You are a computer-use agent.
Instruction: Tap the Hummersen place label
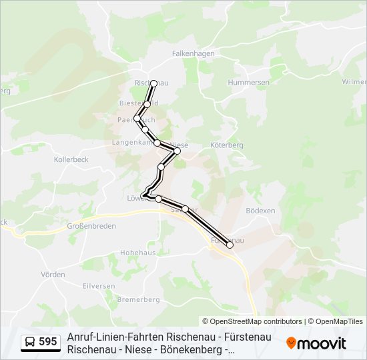click(x=248, y=82)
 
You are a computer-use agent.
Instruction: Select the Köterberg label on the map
click(x=227, y=145)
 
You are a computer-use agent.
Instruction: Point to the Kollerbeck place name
click(x=71, y=160)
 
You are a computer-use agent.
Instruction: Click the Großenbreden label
click(x=91, y=226)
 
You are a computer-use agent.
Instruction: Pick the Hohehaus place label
click(x=137, y=253)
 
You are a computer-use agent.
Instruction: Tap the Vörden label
click(x=53, y=275)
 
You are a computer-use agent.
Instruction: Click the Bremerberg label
click(x=139, y=300)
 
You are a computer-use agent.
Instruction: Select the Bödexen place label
click(x=260, y=210)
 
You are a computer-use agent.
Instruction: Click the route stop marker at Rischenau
click(x=154, y=83)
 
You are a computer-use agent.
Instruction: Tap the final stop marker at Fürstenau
click(x=230, y=245)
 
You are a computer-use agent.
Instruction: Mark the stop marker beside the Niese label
click(x=177, y=151)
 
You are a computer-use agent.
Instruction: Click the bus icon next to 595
click(x=31, y=343)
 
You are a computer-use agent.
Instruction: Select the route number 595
click(x=48, y=342)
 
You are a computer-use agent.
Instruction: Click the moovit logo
click(x=316, y=343)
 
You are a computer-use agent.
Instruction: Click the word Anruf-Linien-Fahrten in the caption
click(x=113, y=337)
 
